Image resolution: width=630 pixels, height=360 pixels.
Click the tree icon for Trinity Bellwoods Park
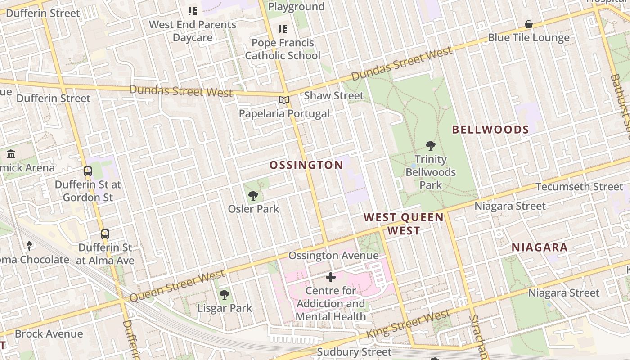(x=431, y=145)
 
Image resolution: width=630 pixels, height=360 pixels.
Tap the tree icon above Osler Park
(x=253, y=195)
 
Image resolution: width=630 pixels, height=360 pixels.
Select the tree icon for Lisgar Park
(x=225, y=295)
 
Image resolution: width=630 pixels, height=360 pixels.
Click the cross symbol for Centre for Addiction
(x=331, y=277)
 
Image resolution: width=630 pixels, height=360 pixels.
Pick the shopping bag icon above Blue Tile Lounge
(x=529, y=24)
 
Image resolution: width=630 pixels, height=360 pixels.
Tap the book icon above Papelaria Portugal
(x=283, y=100)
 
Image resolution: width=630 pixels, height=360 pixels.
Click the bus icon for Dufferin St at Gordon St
(x=88, y=171)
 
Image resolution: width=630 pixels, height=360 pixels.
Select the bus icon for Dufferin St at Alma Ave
(x=105, y=234)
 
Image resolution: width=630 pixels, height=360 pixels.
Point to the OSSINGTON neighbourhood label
(x=306, y=165)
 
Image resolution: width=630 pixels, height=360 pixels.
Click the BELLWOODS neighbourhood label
(x=490, y=130)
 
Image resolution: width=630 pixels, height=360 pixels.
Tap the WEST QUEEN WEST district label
(x=404, y=224)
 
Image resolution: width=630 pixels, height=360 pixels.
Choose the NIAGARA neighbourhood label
(x=540, y=247)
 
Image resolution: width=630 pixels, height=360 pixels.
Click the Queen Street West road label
(x=177, y=286)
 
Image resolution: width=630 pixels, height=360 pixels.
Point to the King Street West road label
(x=408, y=324)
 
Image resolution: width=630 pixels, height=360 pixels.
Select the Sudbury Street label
(x=354, y=352)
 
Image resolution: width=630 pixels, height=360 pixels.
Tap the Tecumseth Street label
(x=580, y=186)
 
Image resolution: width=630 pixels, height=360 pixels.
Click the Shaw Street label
(x=333, y=95)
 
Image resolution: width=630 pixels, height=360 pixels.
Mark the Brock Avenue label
(x=49, y=333)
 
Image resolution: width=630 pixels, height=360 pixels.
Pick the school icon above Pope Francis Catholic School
(x=283, y=29)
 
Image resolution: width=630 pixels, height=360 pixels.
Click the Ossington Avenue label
(x=333, y=256)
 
